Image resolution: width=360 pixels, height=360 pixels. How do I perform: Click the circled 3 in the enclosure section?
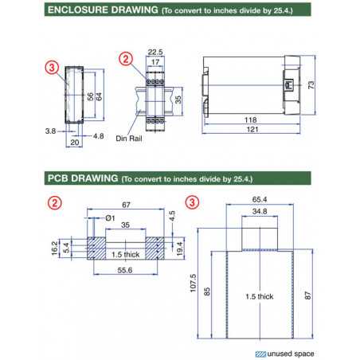53,68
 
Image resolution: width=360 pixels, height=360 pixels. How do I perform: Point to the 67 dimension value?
126,205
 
